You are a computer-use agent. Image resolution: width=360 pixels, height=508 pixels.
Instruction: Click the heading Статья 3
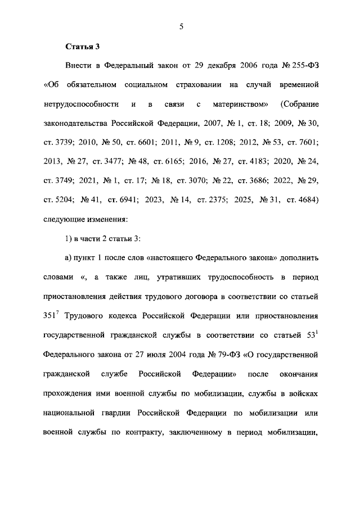point(82,46)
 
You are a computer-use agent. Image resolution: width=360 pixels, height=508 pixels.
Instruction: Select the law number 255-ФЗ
point(303,66)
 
